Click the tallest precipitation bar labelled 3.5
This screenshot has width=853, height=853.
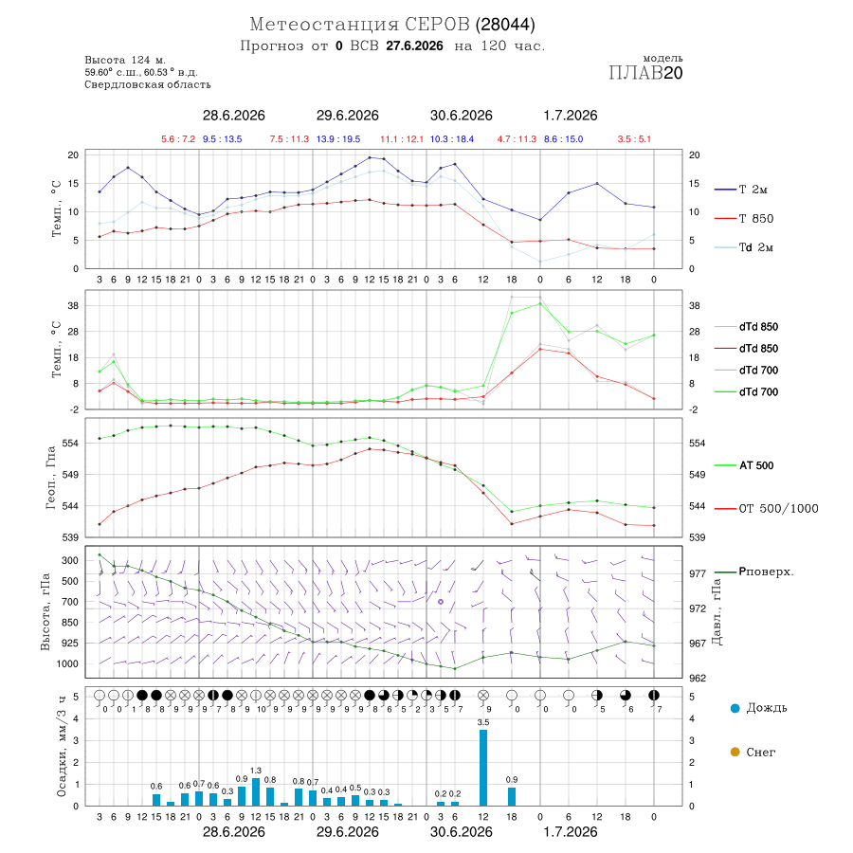(483, 768)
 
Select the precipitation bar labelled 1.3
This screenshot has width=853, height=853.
(256, 792)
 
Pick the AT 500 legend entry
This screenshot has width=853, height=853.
(744, 465)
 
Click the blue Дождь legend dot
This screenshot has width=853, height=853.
(735, 708)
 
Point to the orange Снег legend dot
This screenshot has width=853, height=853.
(735, 753)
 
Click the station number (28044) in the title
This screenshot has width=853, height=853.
(505, 25)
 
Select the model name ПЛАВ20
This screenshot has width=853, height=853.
(645, 73)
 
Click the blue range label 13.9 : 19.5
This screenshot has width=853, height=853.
(338, 139)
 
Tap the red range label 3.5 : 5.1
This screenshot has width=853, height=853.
(634, 139)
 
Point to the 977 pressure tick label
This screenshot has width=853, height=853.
(698, 574)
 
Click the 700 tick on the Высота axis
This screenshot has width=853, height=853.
(69, 602)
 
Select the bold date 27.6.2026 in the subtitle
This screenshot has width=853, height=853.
(414, 46)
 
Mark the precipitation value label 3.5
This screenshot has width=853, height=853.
(483, 722)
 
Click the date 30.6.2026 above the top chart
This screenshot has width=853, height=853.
(462, 116)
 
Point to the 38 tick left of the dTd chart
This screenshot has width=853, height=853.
(73, 306)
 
